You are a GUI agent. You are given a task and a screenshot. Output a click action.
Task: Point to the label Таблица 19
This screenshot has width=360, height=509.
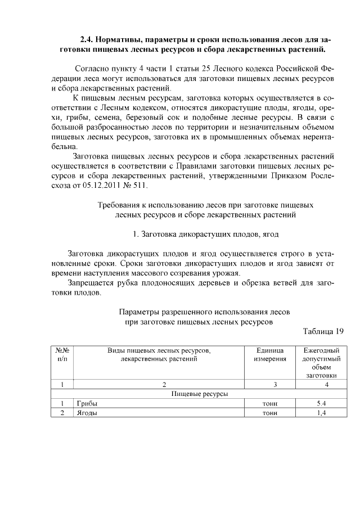[x=323, y=331]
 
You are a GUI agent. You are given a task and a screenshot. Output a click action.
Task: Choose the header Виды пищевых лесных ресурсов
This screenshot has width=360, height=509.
[x=159, y=350]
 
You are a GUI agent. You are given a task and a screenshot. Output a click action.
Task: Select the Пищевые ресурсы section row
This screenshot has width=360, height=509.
[x=199, y=394]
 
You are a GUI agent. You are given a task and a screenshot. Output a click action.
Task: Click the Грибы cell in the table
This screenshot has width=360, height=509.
[x=86, y=403]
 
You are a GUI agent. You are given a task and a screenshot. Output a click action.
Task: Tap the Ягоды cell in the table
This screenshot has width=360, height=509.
[x=87, y=413]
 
